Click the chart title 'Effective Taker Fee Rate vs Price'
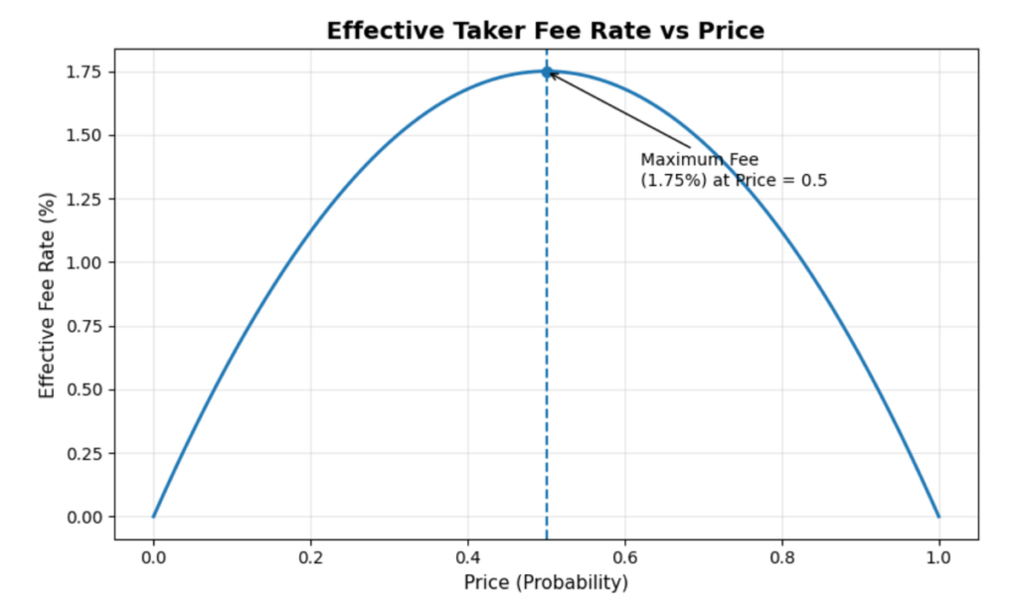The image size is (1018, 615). [546, 31]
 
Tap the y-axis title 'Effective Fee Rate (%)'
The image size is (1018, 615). [47, 294]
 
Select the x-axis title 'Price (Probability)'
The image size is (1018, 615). [546, 582]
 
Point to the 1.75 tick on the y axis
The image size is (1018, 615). [87, 72]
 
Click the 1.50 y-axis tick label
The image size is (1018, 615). [87, 135]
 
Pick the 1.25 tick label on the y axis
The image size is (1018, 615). [87, 199]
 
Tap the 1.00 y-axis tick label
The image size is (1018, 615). [87, 262]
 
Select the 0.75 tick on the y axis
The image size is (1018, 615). [87, 326]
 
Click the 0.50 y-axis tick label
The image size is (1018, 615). [87, 389]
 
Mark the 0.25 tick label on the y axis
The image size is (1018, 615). [87, 453]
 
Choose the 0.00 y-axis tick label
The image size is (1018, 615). [87, 517]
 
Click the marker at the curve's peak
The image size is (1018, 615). [546, 72]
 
